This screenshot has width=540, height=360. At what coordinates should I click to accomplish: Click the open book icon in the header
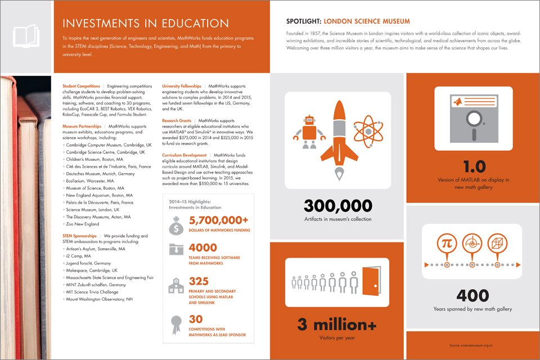pyautogui.click(x=26, y=35)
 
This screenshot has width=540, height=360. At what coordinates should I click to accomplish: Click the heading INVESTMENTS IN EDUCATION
pyautogui.click(x=146, y=24)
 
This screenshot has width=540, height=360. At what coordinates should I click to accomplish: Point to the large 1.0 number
pyautogui.click(x=473, y=167)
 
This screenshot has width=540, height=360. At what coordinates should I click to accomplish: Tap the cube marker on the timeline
pyautogui.click(x=498, y=243)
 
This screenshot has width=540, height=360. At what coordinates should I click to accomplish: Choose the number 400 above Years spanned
pyautogui.click(x=472, y=295)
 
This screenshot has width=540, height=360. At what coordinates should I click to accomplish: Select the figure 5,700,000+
pyautogui.click(x=218, y=221)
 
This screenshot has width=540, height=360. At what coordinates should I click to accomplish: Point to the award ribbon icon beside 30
pyautogui.click(x=175, y=324)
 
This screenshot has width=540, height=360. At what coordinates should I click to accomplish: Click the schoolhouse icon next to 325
pyautogui.click(x=175, y=286)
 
